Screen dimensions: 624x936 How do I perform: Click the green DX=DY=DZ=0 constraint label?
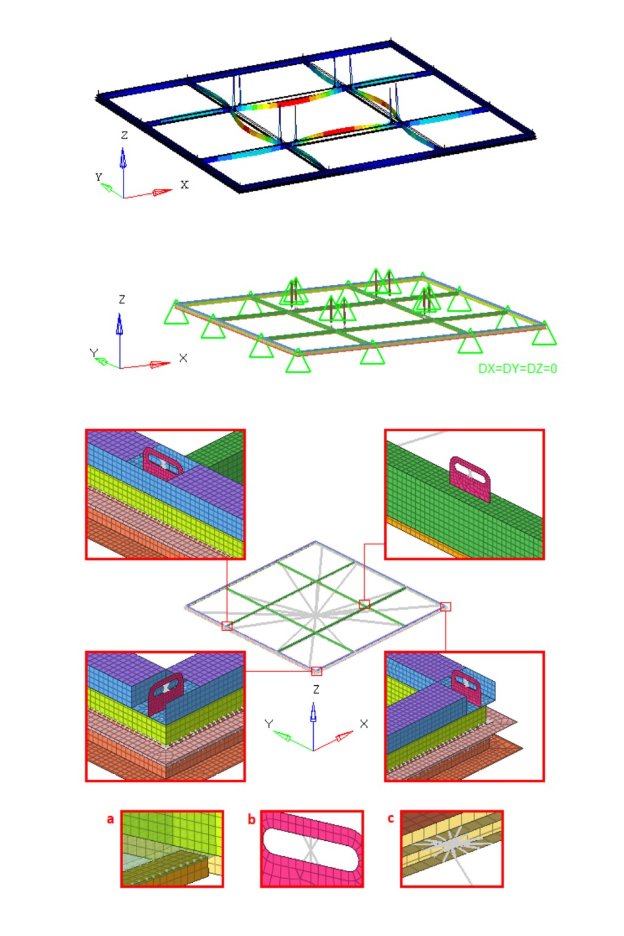click(517, 368)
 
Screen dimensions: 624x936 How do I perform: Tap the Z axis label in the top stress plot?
click(124, 135)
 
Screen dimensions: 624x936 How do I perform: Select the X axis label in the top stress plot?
click(184, 184)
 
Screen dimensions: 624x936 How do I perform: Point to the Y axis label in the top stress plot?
click(99, 177)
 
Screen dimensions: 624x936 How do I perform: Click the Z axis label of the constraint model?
click(122, 299)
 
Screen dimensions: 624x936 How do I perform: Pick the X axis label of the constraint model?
click(183, 358)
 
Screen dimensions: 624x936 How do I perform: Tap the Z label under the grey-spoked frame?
click(316, 689)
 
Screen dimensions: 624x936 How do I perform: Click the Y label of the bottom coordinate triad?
click(269, 723)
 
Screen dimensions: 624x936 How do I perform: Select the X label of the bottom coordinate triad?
click(364, 723)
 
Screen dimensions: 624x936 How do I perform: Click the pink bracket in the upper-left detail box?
click(162, 464)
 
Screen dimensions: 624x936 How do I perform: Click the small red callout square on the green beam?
click(364, 604)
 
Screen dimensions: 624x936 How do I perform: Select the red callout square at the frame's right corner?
click(445, 606)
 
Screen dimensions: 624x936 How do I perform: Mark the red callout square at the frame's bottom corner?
click(316, 671)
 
